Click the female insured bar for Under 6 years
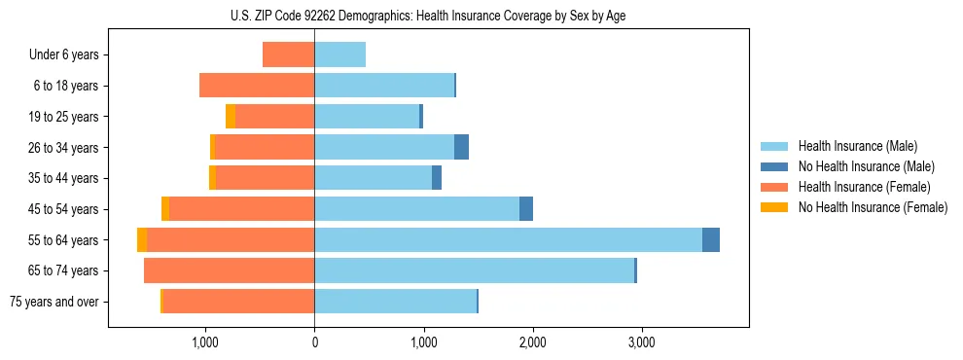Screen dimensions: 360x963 coord(288,54)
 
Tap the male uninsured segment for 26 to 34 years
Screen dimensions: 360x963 coord(461,147)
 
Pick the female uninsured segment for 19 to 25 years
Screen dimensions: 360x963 coord(231,116)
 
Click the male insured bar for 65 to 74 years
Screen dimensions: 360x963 coord(474,270)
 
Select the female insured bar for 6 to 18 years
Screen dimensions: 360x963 coord(257,86)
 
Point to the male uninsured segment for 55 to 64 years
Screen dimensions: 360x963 coord(711,239)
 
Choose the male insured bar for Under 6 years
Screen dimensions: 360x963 coord(339,54)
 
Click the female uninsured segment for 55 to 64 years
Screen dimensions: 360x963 coord(142,239)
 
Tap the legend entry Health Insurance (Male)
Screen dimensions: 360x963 coord(857,146)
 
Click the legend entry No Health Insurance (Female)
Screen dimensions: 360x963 coord(873,207)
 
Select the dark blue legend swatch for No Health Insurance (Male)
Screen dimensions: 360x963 coord(774,166)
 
